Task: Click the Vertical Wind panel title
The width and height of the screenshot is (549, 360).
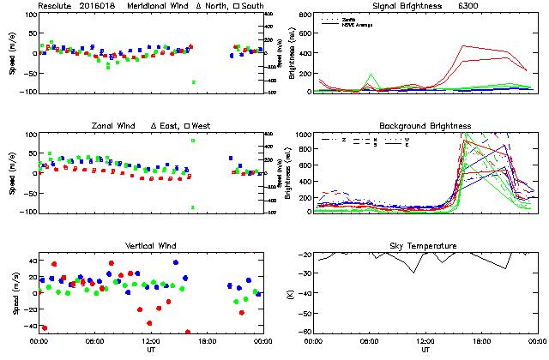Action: [x=150, y=246]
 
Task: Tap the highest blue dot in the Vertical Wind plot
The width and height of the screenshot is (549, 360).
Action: [x=175, y=262]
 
